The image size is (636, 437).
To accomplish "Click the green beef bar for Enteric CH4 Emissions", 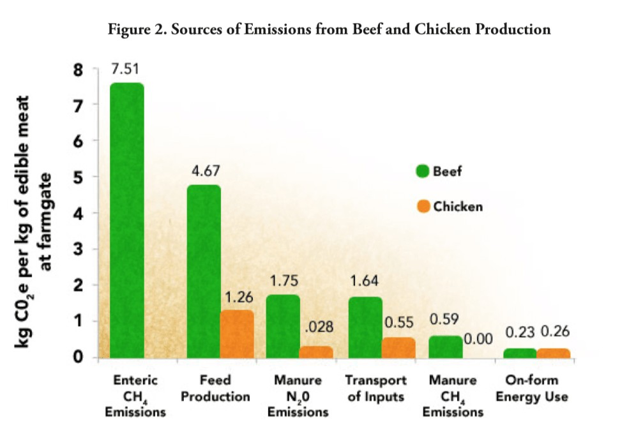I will pyautogui.click(x=127, y=220).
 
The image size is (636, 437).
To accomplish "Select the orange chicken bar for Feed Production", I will pyautogui.click(x=237, y=334).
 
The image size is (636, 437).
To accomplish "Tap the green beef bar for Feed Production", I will pyautogui.click(x=204, y=271).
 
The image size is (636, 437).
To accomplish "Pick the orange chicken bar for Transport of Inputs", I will pyautogui.click(x=398, y=347).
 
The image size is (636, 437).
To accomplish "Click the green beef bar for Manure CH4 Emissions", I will pyautogui.click(x=446, y=346).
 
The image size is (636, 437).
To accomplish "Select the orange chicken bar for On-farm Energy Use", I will pyautogui.click(x=553, y=353).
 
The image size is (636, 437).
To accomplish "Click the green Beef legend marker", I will pyautogui.click(x=422, y=172).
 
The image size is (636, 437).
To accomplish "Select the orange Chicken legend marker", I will pyautogui.click(x=422, y=207).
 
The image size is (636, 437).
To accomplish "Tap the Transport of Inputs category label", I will pyautogui.click(x=375, y=389).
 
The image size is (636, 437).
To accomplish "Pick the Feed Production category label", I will pyautogui.click(x=215, y=389).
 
